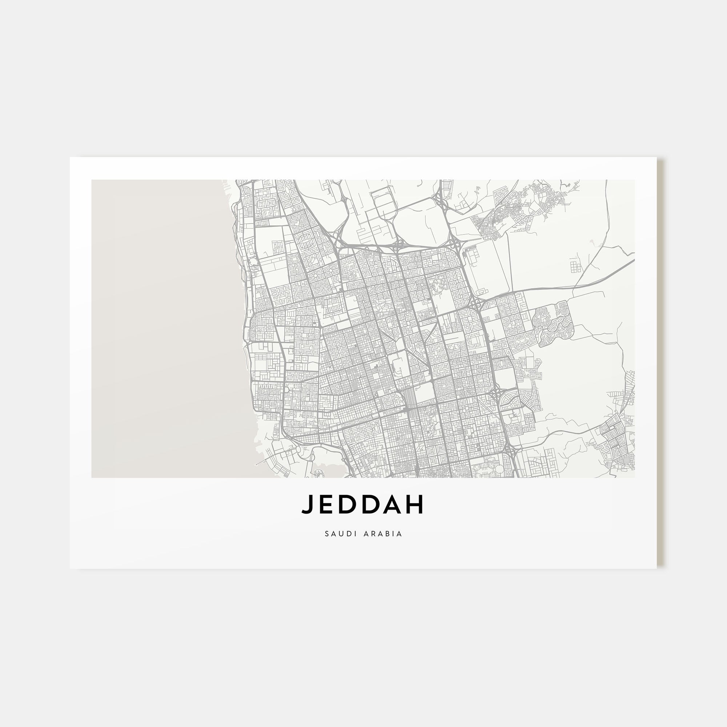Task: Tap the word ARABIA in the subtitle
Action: (383, 534)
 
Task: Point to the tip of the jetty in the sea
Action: (256, 465)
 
